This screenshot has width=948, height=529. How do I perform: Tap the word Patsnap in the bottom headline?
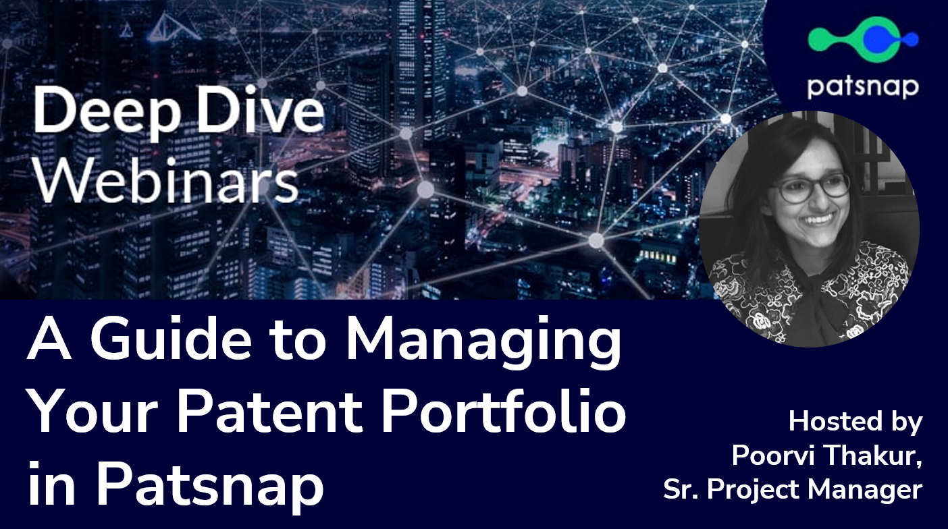209,484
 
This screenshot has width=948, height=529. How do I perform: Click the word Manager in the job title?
864,491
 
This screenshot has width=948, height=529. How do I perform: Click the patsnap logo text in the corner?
862,88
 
